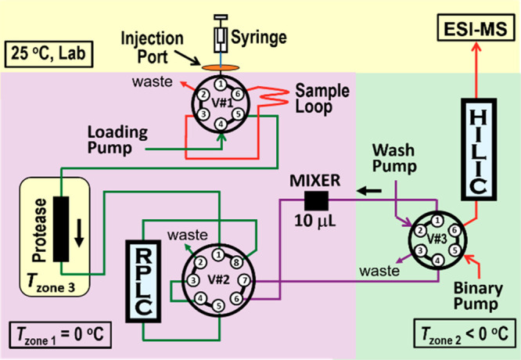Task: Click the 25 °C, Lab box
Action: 47,55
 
